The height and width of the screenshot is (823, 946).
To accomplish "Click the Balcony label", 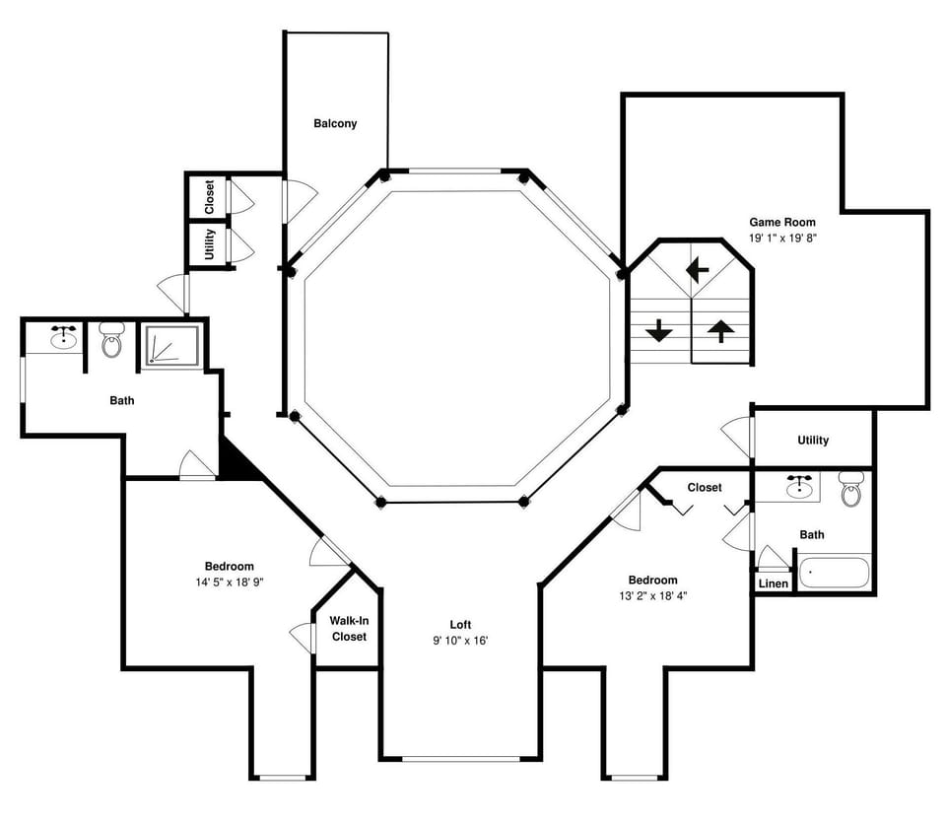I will (x=335, y=124).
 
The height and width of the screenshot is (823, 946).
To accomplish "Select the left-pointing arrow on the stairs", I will (x=699, y=268).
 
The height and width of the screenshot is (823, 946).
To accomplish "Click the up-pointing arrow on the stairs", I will (x=720, y=331).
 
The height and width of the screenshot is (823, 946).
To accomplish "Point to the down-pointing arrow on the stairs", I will (x=659, y=331).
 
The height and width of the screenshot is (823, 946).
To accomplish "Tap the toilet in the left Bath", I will (x=111, y=341).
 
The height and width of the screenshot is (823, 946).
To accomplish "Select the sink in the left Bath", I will (x=64, y=339).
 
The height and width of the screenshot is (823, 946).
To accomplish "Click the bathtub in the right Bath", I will (x=834, y=573).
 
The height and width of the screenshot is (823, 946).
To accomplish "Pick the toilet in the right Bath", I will (x=851, y=490).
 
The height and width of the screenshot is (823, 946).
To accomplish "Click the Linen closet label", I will (x=774, y=583).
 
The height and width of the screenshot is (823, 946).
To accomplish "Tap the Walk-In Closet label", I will (x=348, y=629).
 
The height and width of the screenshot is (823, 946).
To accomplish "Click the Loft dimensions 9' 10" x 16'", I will (x=460, y=640).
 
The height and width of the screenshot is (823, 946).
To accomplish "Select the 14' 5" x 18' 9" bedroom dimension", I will (x=229, y=582).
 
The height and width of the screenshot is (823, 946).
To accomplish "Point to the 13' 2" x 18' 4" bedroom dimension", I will (x=652, y=595).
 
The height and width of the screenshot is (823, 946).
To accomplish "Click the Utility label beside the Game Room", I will (x=813, y=441).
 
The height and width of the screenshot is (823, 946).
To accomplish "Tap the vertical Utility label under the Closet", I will (x=210, y=244).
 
